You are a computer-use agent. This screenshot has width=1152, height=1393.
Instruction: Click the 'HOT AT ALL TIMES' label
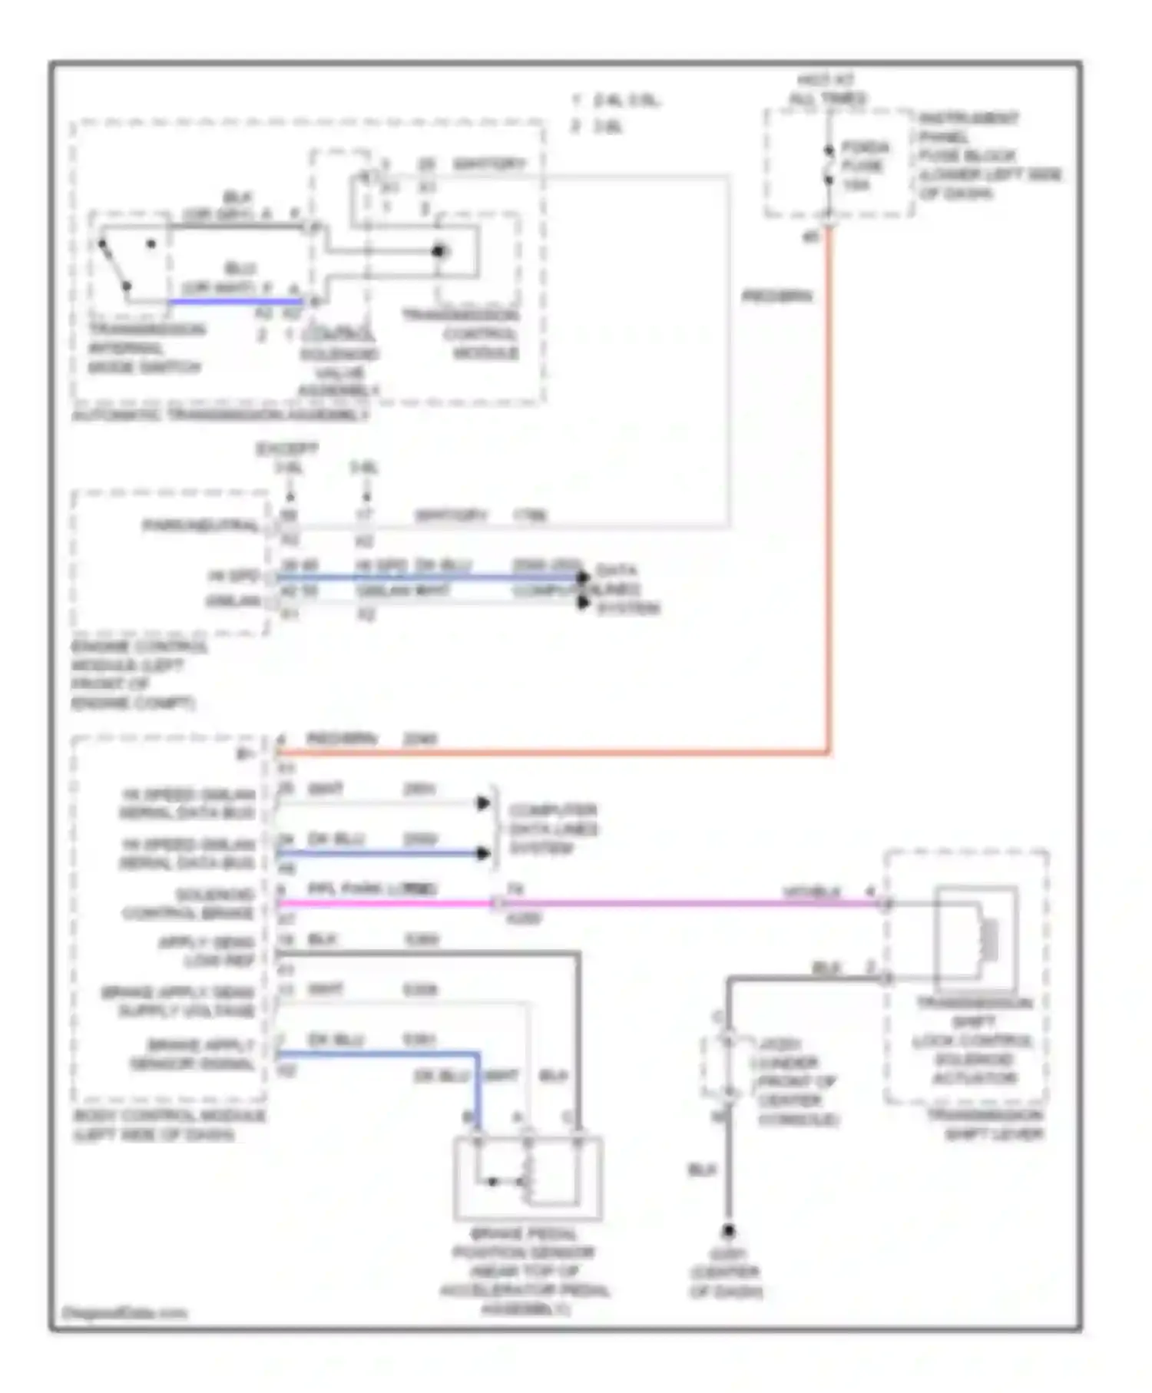[827, 89]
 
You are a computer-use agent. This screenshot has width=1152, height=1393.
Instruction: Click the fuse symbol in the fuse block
[829, 165]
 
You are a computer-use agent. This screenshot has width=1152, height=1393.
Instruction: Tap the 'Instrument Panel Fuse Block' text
[989, 155]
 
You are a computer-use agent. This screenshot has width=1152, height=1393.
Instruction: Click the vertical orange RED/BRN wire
[829, 491]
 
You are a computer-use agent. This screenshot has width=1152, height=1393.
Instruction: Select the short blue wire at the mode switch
[234, 302]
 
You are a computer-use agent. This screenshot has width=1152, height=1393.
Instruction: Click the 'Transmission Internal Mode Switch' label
[146, 348]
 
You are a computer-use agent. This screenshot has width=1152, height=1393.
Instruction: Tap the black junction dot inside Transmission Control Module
[439, 251]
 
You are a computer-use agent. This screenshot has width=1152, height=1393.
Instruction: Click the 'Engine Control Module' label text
[138, 674]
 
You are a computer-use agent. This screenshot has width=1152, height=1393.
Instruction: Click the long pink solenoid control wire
[653, 904]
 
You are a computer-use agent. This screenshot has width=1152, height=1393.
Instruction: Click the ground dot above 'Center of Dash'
[727, 1230]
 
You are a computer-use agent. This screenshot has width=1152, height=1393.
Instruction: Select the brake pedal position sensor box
[528, 1177]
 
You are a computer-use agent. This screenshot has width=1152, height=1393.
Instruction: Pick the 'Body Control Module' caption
[169, 1125]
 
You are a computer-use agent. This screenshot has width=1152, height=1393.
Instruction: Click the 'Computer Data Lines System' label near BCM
[553, 829]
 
